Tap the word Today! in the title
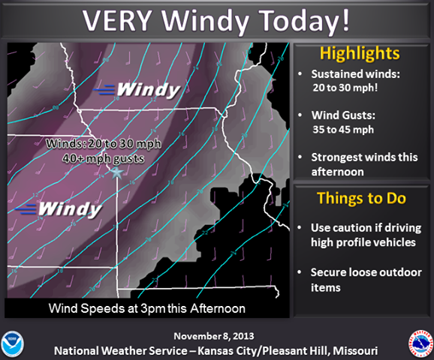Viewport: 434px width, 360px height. [x=309, y=20]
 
